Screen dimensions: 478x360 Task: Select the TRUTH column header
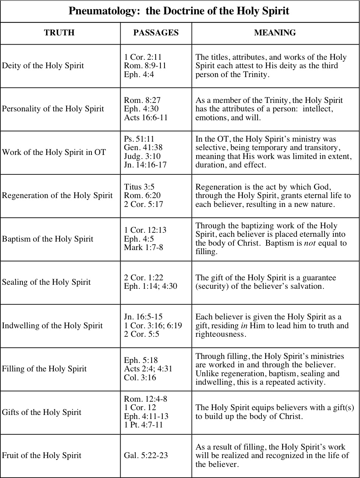[59, 33]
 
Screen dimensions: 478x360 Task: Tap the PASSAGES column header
[156, 33]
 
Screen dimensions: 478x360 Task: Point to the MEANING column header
[275, 33]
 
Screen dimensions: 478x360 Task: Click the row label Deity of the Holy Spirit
[43, 66]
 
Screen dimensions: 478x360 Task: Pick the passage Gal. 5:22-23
[146, 456]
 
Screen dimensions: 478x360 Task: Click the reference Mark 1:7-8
[143, 247]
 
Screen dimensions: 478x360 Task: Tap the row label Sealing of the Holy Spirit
[46, 282]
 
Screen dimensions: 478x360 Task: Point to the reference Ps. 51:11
[139, 139]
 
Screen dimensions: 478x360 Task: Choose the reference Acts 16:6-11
[146, 118]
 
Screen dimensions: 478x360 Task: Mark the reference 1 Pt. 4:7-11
[143, 425]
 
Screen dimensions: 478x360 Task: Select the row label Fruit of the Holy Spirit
[41, 456]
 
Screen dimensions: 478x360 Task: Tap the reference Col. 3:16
[140, 378]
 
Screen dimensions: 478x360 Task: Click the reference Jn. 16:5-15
[143, 317]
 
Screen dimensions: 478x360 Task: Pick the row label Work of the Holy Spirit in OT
[54, 152]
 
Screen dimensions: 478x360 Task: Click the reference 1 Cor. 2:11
[143, 57]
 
